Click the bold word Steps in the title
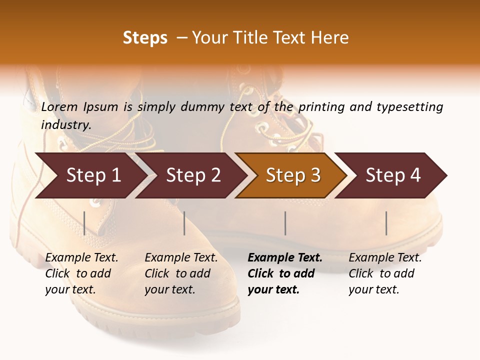click(145, 38)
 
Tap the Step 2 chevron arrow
click(193, 175)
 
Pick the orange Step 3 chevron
click(293, 175)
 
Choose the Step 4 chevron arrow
click(393, 175)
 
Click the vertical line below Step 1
click(84, 223)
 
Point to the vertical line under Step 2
click(184, 223)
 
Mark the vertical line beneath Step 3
click(285, 223)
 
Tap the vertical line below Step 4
click(386, 223)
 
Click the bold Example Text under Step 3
click(285, 258)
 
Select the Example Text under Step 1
click(81, 258)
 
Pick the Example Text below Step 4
click(385, 258)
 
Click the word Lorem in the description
click(59, 106)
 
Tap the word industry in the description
click(65, 125)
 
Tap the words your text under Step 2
click(169, 289)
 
